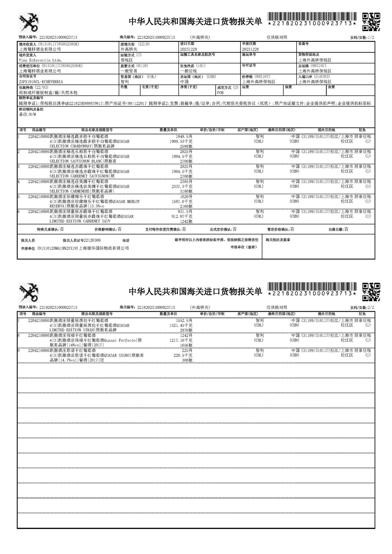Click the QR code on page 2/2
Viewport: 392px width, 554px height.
(x=371, y=292)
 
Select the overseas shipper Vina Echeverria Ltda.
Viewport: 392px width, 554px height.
(x=37, y=60)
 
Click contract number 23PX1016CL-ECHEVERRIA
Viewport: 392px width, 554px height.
(x=41, y=82)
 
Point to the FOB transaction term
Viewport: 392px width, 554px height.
(x=220, y=93)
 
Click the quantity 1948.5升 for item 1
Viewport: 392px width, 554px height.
(x=184, y=137)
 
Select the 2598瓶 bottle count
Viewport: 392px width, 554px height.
(x=186, y=146)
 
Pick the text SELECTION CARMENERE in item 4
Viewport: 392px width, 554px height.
(x=70, y=191)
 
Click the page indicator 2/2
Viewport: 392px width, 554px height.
(x=371, y=308)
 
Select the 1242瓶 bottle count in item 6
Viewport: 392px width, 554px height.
(x=186, y=221)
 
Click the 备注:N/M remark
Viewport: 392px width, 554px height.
(x=27, y=114)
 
